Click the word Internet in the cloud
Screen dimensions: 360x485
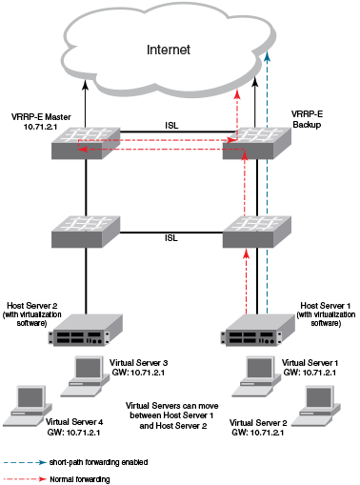point(169,50)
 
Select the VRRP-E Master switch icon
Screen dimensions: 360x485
point(86,143)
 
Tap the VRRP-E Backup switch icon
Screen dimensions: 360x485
point(257,143)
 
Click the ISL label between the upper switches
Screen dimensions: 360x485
point(171,126)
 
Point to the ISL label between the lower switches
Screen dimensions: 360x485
point(171,237)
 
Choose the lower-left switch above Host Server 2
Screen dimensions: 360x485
point(86,232)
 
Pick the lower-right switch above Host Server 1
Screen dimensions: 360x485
point(257,232)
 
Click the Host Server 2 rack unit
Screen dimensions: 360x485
point(86,330)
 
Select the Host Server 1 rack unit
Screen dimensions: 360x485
point(257,330)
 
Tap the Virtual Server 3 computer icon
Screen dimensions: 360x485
point(85,376)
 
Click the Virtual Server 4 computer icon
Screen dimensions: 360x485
point(28,406)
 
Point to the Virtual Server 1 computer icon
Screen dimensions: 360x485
point(256,376)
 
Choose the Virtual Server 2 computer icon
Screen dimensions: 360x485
point(316,406)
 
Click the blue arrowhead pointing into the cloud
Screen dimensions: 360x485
point(268,56)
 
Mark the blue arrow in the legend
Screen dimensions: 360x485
point(25,462)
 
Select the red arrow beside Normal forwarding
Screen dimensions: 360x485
point(25,479)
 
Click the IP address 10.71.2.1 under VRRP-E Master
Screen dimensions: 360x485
point(40,127)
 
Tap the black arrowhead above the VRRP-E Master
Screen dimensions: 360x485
point(85,86)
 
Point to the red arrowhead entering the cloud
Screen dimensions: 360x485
point(237,94)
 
